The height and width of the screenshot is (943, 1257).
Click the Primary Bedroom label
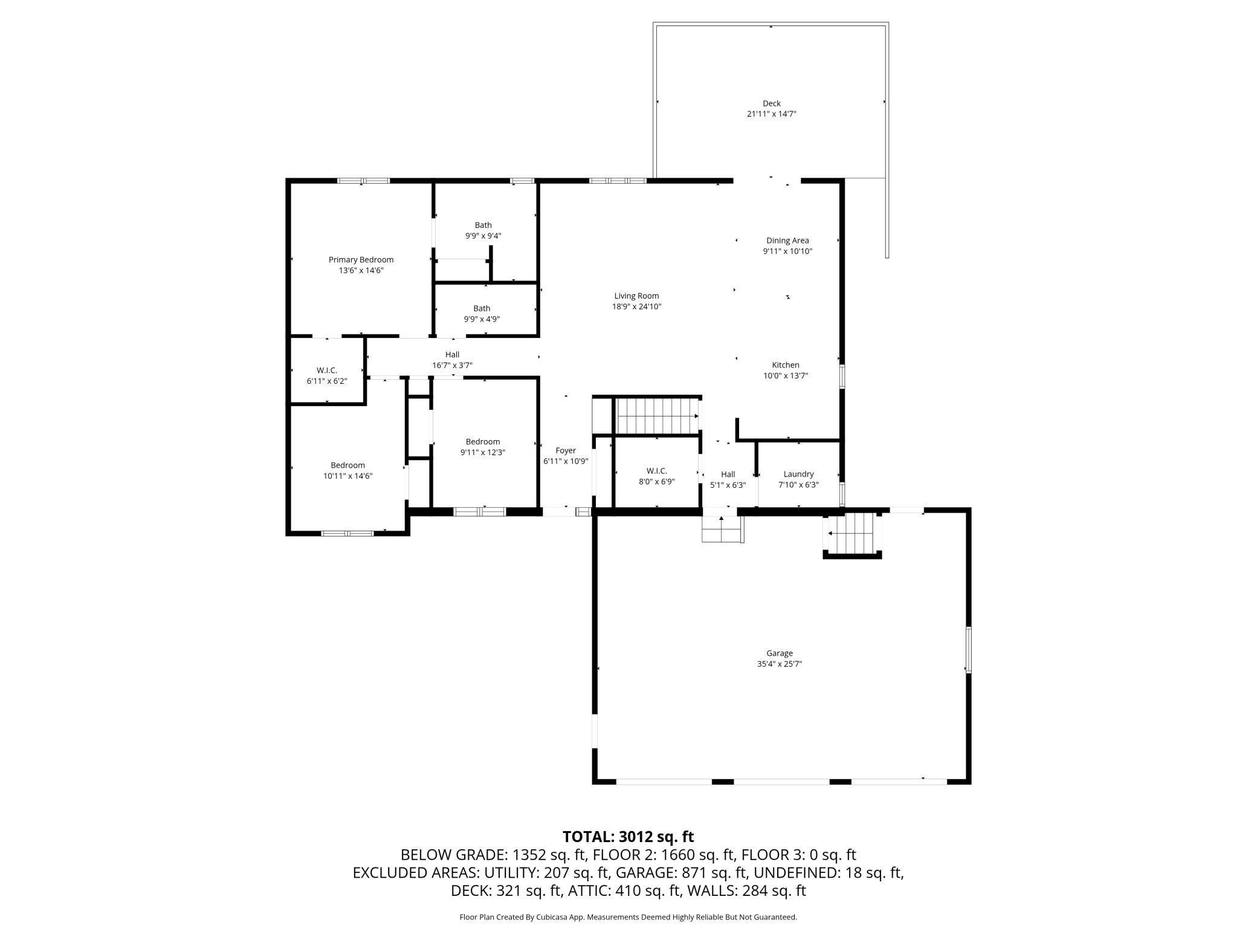[361, 260]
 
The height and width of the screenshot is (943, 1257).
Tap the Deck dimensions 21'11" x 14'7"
[772, 114]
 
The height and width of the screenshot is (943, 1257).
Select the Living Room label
[636, 296]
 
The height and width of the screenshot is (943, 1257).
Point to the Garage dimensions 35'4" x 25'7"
[780, 664]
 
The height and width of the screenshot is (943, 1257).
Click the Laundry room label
[798, 475]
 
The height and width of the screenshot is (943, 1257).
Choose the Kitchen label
[786, 365]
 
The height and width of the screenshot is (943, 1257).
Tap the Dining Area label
[787, 241]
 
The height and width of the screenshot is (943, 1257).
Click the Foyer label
[566, 451]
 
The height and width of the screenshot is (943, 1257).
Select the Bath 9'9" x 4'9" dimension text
[482, 319]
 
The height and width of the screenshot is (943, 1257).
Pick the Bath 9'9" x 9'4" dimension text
[483, 236]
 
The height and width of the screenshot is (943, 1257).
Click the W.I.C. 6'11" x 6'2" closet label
[327, 371]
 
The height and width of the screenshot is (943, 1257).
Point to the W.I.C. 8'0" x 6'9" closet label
[656, 471]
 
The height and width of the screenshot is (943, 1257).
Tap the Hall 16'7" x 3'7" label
[452, 355]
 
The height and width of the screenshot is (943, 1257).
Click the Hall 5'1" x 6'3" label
[728, 475]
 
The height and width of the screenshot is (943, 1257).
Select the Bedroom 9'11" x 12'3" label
[483, 442]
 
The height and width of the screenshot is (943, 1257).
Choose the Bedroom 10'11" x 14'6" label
[347, 465]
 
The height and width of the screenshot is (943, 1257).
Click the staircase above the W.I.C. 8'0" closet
[657, 416]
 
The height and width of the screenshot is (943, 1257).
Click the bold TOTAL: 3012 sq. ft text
[628, 837]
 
